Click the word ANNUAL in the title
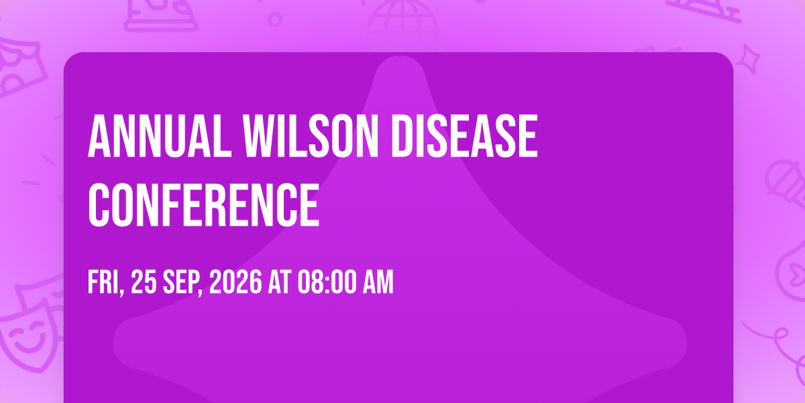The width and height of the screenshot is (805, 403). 160,136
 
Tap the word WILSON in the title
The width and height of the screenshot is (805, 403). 311,136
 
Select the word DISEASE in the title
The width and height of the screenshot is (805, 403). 464,136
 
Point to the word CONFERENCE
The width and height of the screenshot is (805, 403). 204,205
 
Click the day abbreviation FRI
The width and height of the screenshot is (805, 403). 106,283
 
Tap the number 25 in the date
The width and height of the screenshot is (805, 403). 144,282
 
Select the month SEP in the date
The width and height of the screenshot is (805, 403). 182,283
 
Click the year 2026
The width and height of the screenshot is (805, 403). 235,282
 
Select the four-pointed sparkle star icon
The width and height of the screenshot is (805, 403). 749,59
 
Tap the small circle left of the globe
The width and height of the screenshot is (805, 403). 275,19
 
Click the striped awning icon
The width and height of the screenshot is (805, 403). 21,66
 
